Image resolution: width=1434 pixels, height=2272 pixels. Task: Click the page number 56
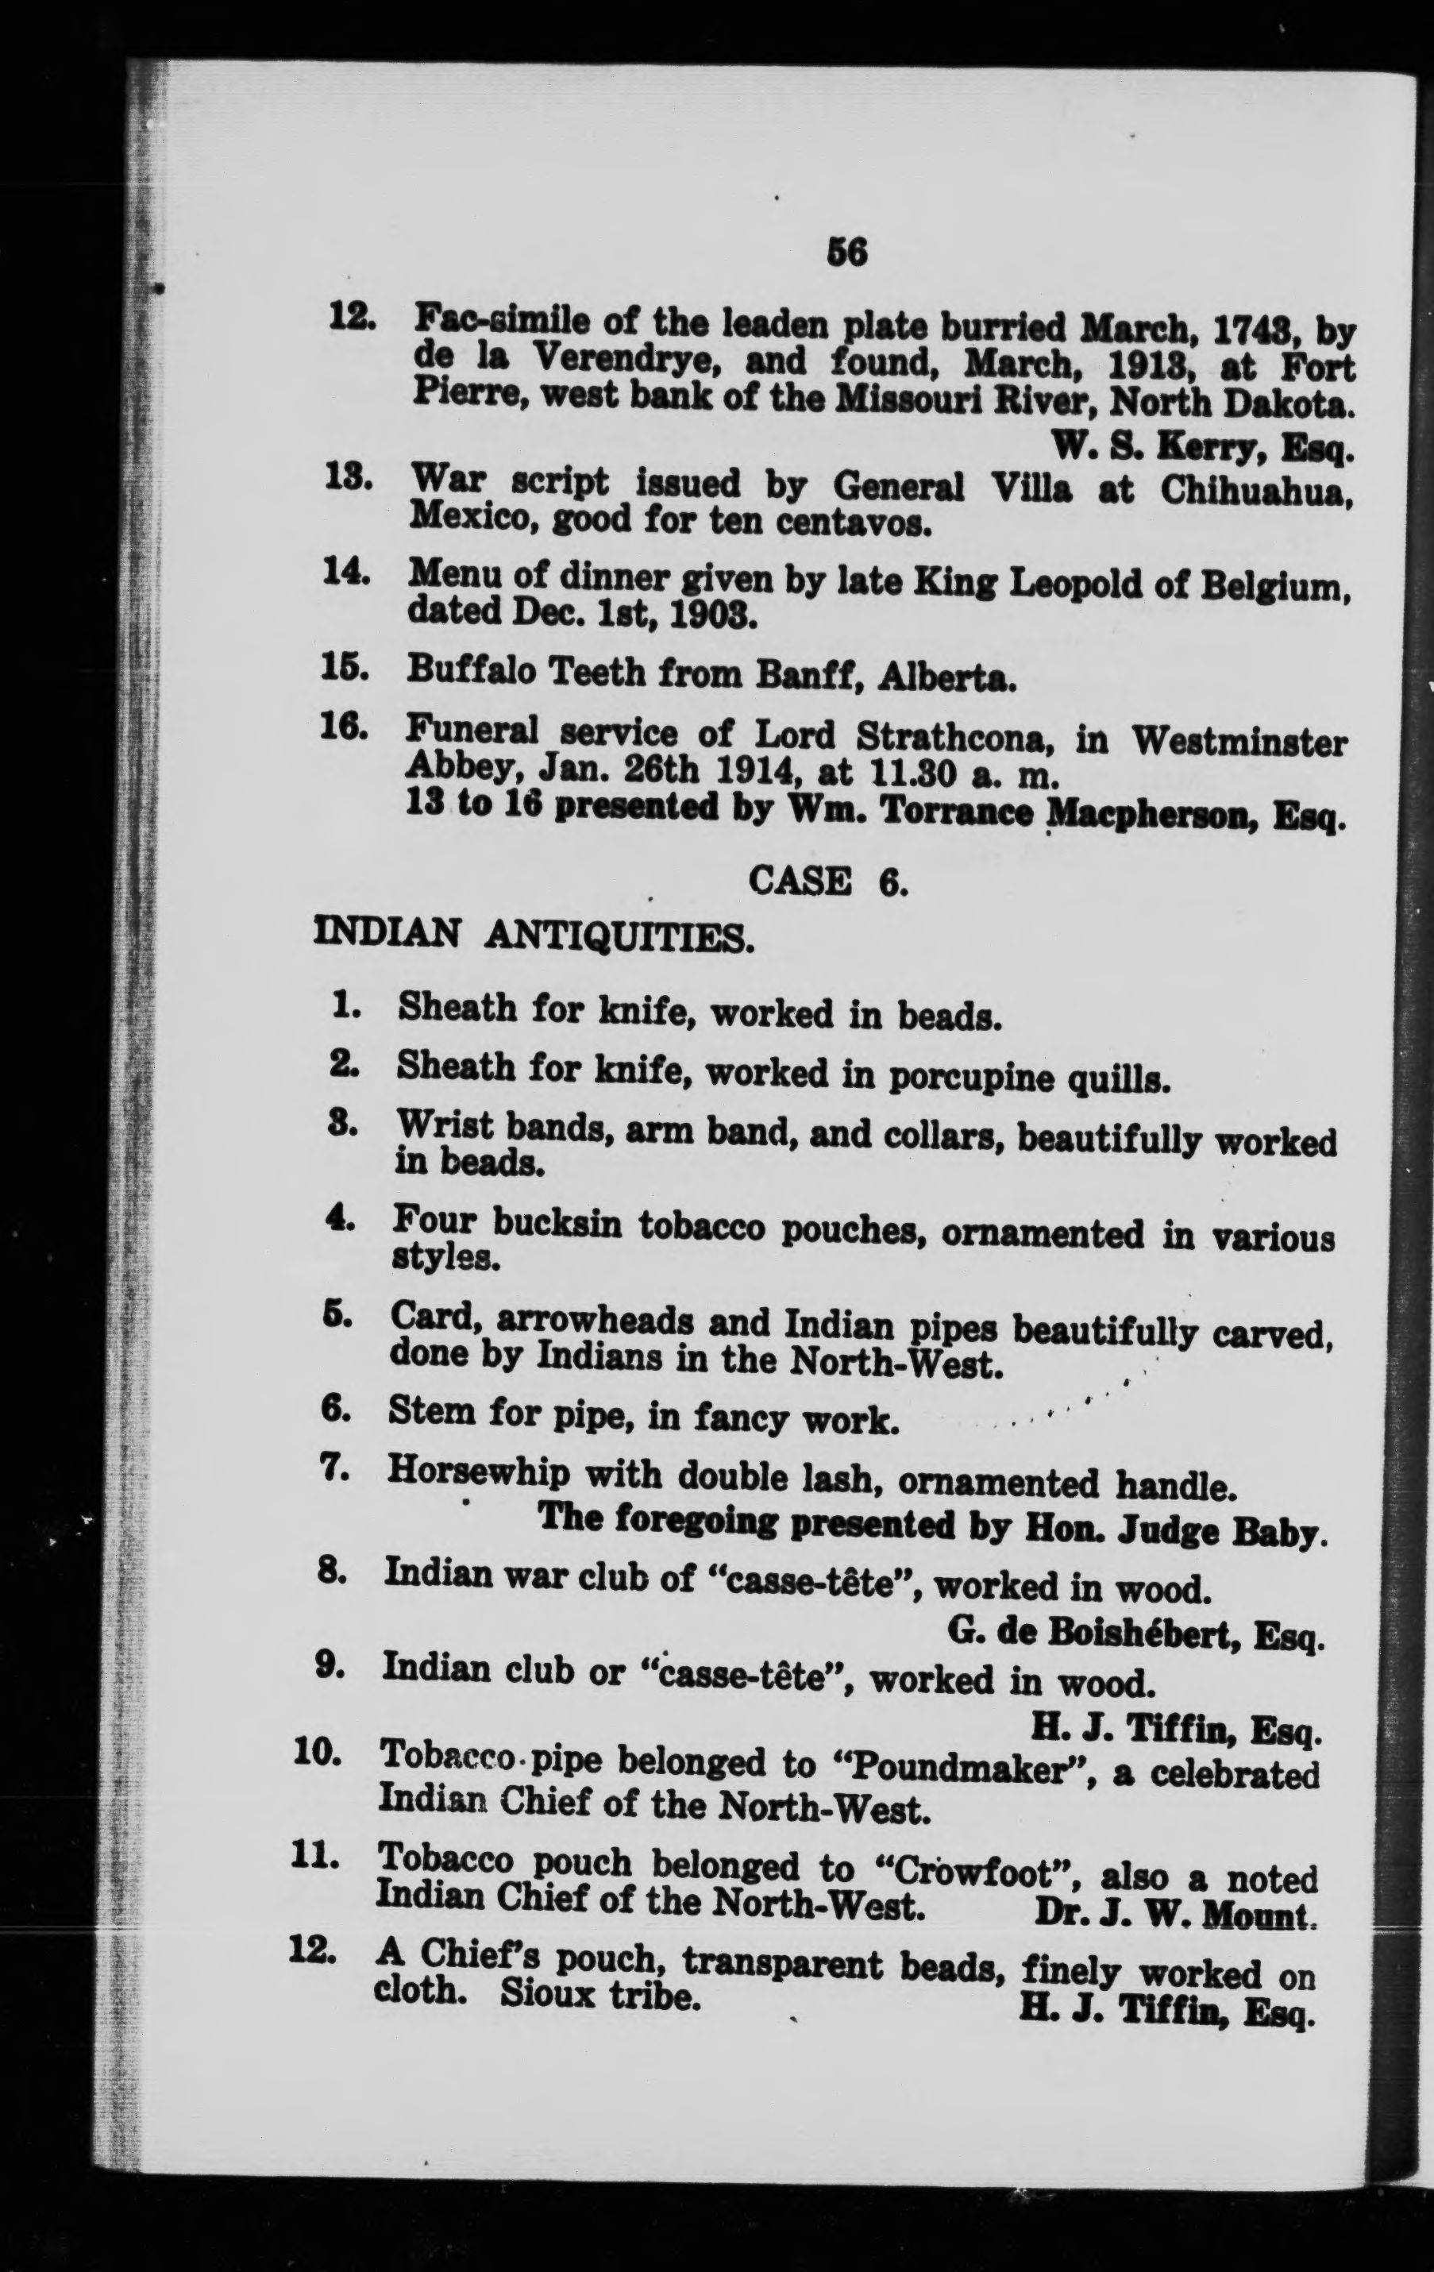[x=846, y=252]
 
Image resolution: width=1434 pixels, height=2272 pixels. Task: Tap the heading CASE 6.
[x=827, y=881]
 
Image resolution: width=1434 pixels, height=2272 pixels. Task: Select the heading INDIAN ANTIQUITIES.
[x=533, y=936]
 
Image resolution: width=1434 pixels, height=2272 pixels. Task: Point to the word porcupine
[x=972, y=1077]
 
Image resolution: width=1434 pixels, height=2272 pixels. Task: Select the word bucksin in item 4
[x=557, y=1225]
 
